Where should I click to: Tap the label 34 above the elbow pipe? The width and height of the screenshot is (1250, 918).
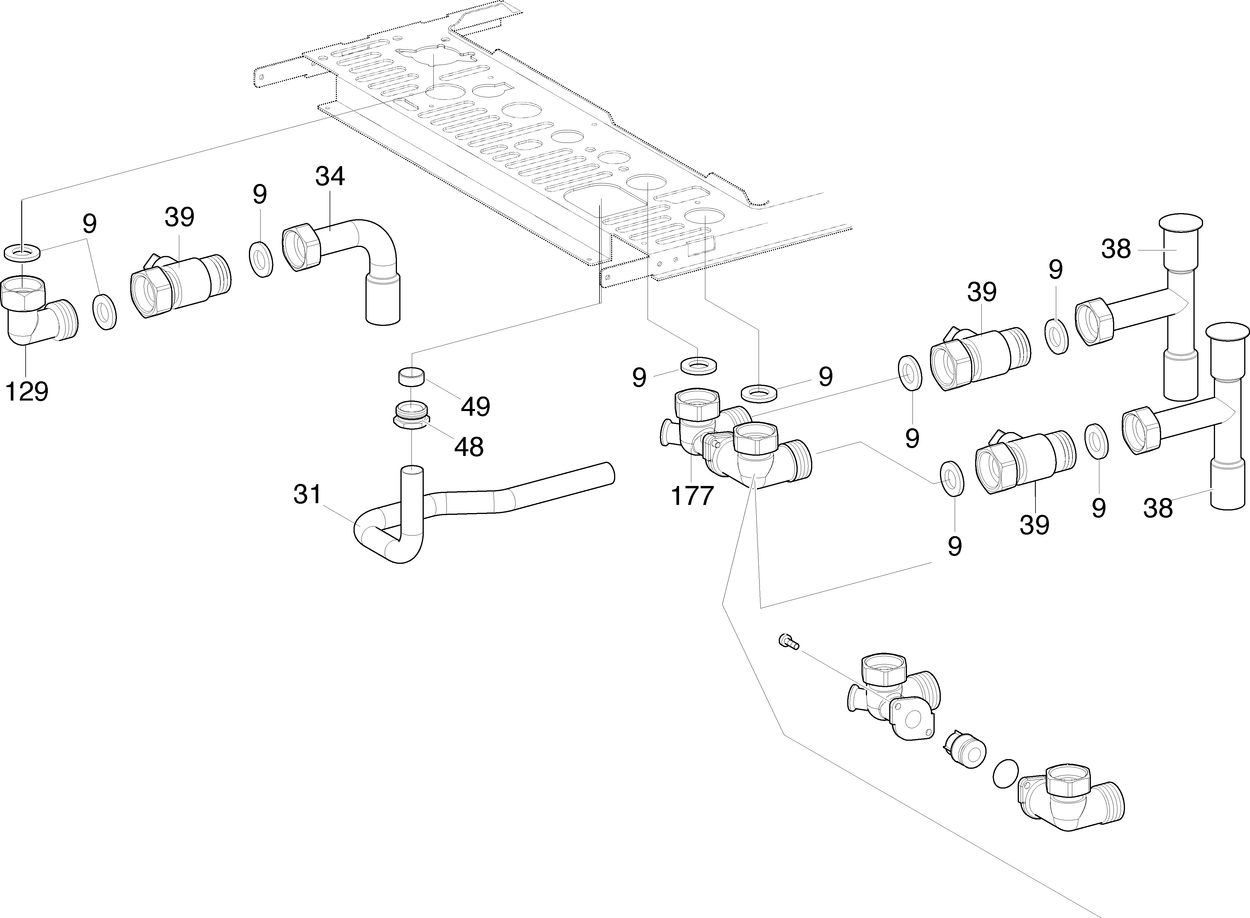[330, 177]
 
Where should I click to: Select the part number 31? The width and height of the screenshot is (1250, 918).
[307, 494]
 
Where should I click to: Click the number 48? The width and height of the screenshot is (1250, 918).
[469, 446]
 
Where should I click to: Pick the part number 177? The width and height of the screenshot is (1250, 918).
[692, 496]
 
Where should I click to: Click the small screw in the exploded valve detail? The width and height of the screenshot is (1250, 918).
[788, 642]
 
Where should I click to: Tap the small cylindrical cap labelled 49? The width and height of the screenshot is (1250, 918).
[412, 376]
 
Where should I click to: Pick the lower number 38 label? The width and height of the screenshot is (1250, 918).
[1158, 507]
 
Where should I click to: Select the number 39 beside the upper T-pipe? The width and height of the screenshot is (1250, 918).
[982, 292]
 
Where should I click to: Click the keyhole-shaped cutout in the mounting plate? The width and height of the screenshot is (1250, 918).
[489, 92]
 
